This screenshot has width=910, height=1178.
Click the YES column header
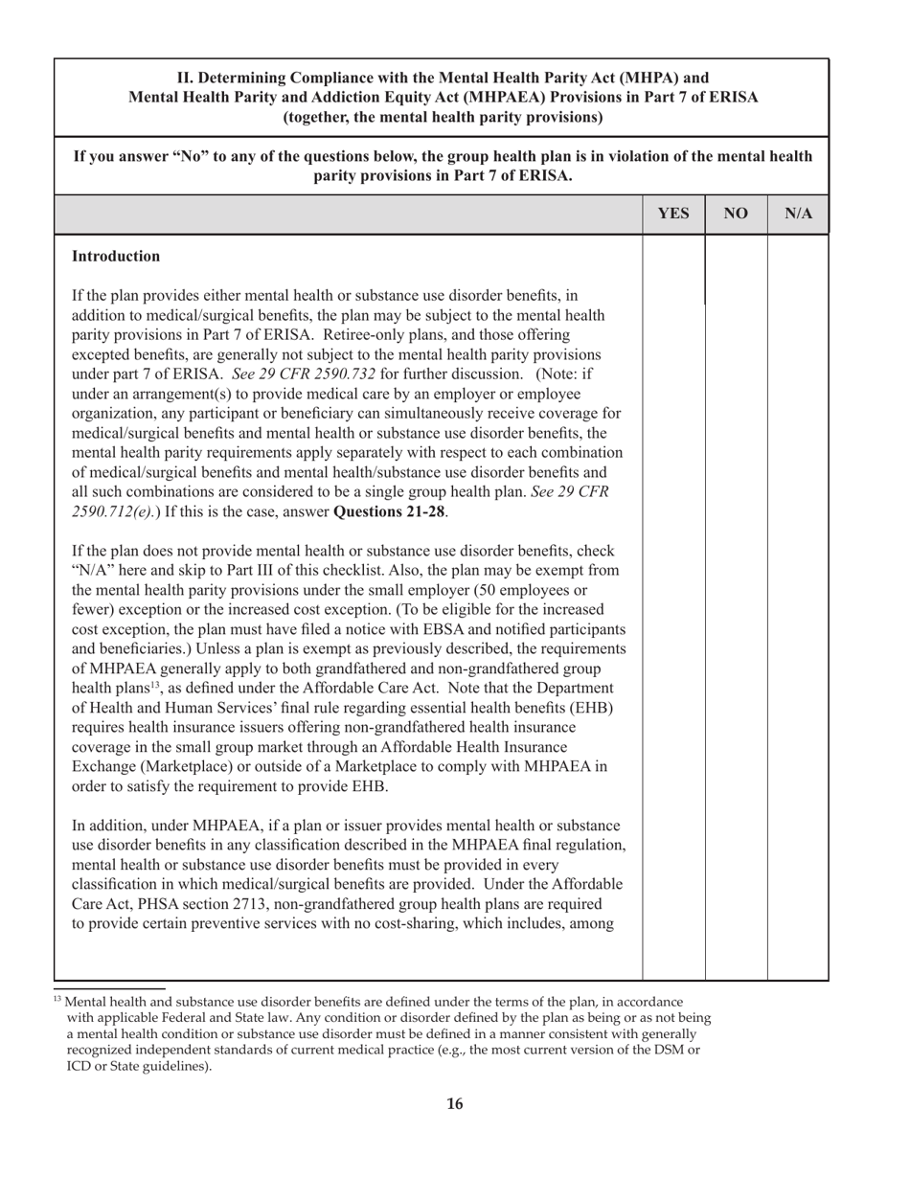pos(673,215)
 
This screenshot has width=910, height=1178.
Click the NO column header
pos(736,215)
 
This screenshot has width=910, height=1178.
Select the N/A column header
pos(798,215)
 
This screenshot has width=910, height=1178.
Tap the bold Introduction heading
pos(116,257)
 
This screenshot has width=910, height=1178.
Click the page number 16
pos(455,1104)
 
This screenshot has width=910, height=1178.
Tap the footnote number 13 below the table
pos(57,999)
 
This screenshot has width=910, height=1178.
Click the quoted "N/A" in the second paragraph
pos(93,571)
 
